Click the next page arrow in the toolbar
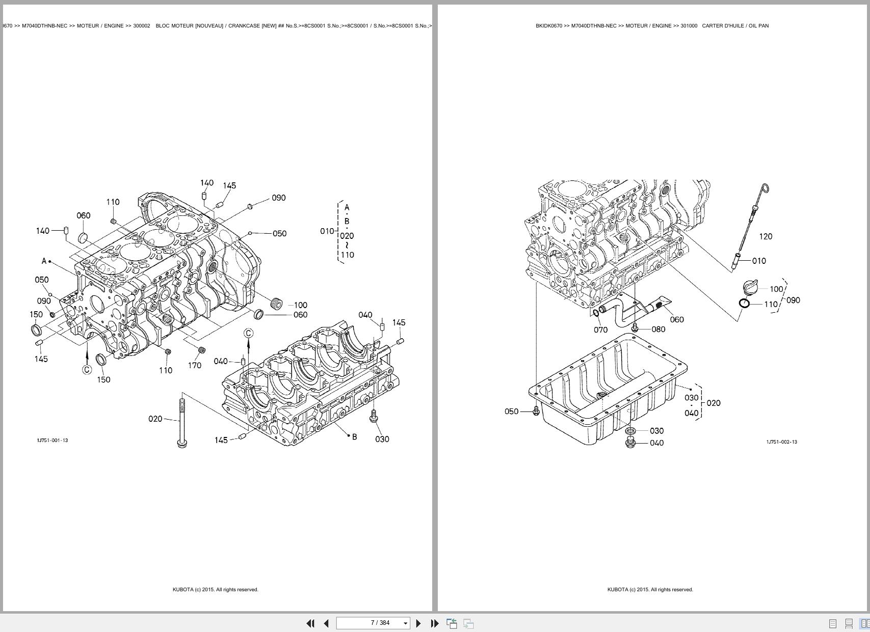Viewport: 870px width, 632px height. pyautogui.click(x=418, y=623)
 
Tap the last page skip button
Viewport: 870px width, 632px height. pyautogui.click(x=434, y=623)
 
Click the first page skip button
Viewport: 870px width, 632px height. pyautogui.click(x=310, y=623)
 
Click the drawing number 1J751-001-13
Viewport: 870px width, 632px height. pyautogui.click(x=52, y=441)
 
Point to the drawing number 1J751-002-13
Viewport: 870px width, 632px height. pyautogui.click(x=781, y=442)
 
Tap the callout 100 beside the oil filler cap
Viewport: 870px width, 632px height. pyautogui.click(x=776, y=289)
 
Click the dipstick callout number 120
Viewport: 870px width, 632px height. pyautogui.click(x=766, y=236)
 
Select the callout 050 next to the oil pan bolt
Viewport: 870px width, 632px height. pyautogui.click(x=511, y=411)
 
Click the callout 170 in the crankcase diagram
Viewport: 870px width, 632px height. pyautogui.click(x=195, y=365)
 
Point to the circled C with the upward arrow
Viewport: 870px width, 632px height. pyautogui.click(x=249, y=334)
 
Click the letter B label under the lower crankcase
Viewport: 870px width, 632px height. pyautogui.click(x=355, y=437)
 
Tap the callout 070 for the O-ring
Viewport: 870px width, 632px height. pyautogui.click(x=600, y=330)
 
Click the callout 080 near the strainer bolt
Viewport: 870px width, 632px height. pyautogui.click(x=658, y=329)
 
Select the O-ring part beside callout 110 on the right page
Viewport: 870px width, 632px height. pyautogui.click(x=744, y=304)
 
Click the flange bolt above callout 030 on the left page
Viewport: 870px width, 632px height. pyautogui.click(x=374, y=416)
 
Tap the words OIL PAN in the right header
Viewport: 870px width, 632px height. pyautogui.click(x=758, y=25)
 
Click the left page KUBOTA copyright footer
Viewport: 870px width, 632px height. pyautogui.click(x=215, y=590)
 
